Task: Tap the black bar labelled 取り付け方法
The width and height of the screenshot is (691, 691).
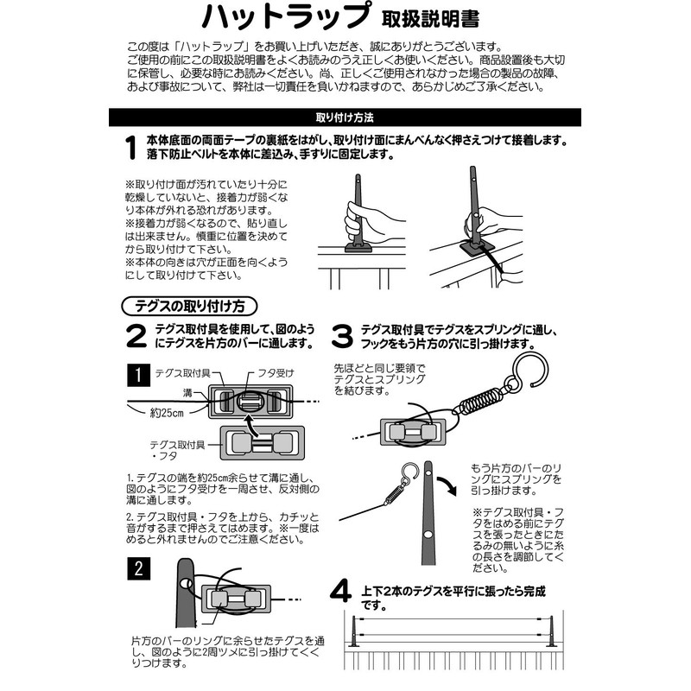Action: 345,117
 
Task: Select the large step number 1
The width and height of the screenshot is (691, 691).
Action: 130,149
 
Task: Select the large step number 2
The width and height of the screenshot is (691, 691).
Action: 136,336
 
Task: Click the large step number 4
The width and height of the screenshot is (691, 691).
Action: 342,593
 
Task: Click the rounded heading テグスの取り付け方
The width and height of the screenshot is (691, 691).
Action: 188,306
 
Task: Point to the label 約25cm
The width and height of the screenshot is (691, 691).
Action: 168,414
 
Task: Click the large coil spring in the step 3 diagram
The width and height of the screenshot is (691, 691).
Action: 477,400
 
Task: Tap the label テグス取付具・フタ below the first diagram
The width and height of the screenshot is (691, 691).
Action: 178,450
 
